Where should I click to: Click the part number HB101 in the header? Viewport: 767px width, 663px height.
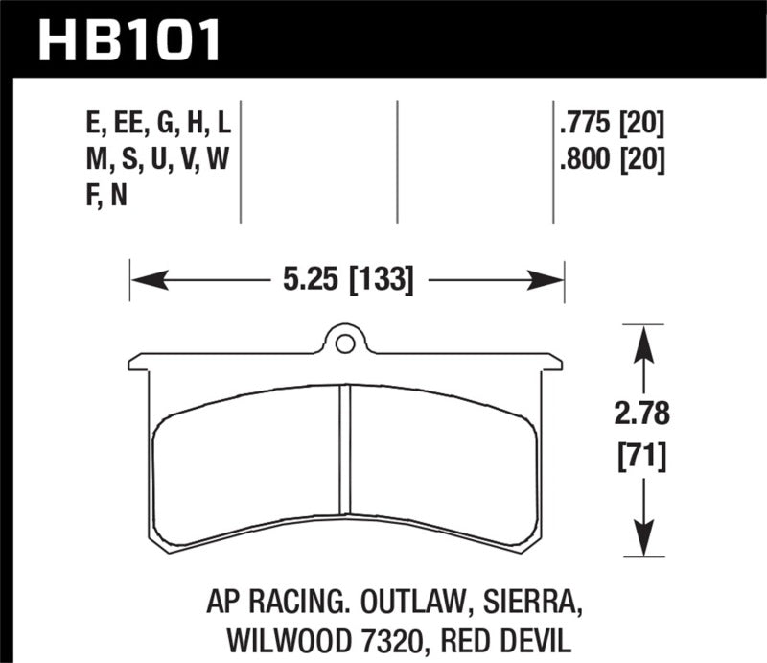pyautogui.click(x=129, y=39)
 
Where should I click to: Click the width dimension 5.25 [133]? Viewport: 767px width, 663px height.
pyautogui.click(x=347, y=281)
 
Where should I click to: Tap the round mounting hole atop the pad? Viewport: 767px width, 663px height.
pyautogui.click(x=345, y=340)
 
